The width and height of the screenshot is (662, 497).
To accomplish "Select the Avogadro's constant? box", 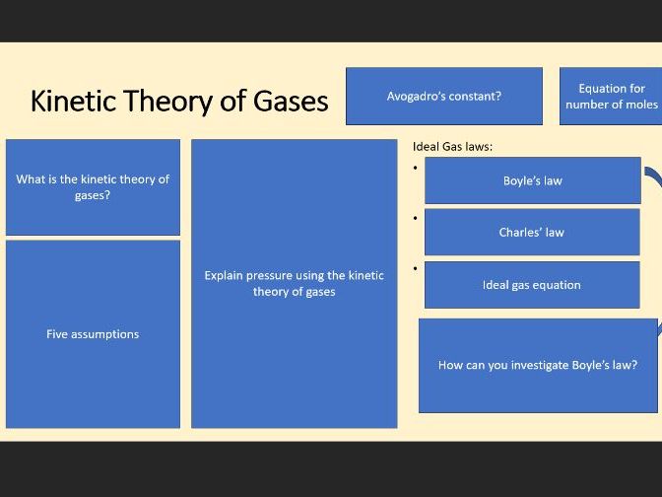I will tap(443, 96).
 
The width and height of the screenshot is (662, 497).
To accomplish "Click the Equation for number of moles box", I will tap(611, 96).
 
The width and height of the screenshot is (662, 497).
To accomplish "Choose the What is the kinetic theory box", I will tap(93, 187).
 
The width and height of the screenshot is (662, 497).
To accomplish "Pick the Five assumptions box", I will tap(93, 334).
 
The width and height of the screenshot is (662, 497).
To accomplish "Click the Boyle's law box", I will tap(532, 180).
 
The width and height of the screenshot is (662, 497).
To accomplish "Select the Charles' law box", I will tap(532, 233).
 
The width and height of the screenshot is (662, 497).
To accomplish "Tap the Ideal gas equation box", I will tap(532, 285).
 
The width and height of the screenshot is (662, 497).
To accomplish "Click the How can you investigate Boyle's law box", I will tap(538, 365).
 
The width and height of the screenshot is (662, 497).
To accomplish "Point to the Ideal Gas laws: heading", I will tap(452, 147).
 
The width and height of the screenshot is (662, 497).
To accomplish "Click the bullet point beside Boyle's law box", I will tap(416, 167).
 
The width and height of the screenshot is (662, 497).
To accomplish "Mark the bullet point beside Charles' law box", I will tap(416, 217).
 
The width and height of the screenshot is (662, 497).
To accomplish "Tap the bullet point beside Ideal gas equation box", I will tap(416, 267).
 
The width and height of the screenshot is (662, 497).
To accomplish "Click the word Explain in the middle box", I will tap(224, 275).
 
